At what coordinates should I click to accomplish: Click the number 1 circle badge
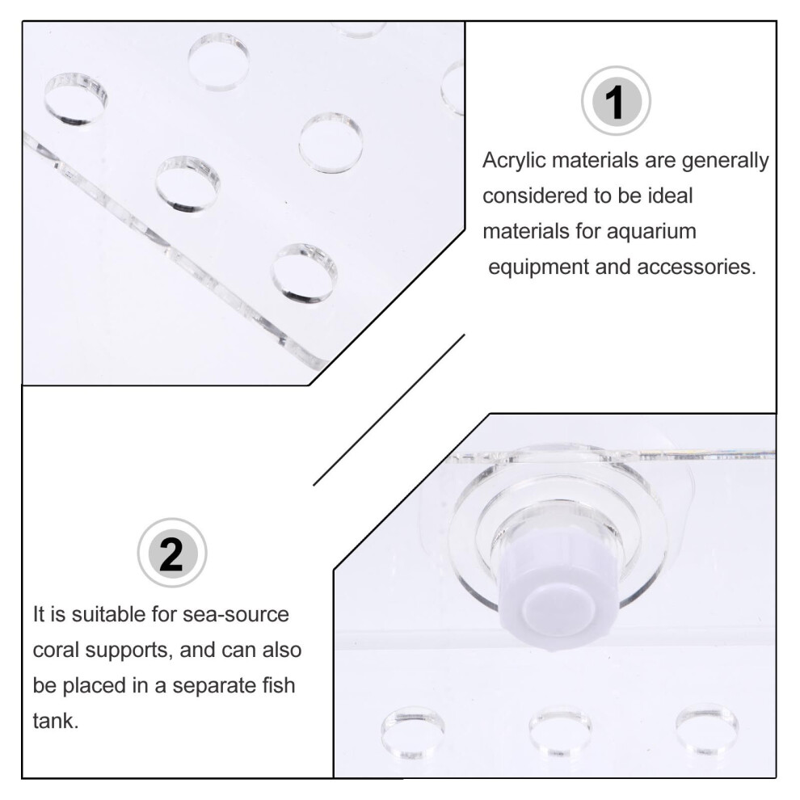pyautogui.click(x=616, y=100)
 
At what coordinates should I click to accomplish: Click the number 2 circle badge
pyautogui.click(x=172, y=553)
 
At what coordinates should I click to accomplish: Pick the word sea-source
pyautogui.click(x=236, y=614)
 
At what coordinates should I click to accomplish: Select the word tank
pyautogui.click(x=56, y=721)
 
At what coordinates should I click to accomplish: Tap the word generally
pyautogui.click(x=725, y=162)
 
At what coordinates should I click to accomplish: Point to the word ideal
pyautogui.click(x=671, y=196)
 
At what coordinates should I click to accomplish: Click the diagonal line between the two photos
pyautogui.click(x=389, y=410)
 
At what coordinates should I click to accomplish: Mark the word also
pyautogui.click(x=282, y=650)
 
